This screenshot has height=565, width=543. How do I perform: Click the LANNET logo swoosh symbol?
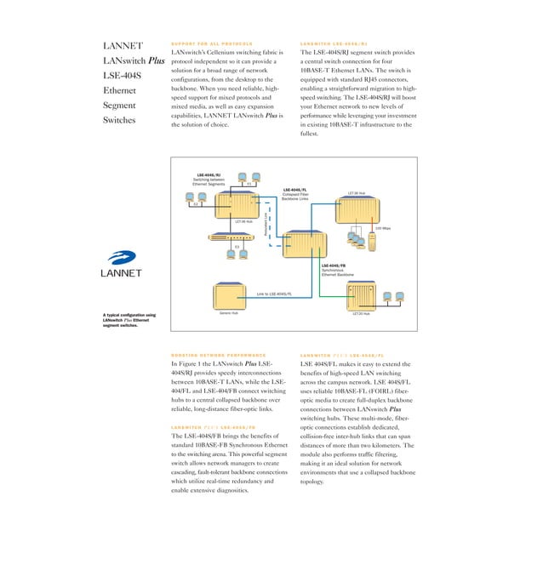122,257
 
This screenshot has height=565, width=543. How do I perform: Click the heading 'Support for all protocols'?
212,43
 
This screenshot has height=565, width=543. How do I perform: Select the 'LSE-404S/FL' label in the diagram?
294,190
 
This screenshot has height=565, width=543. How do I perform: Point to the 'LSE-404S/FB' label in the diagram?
334,265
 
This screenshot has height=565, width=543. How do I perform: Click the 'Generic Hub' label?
229,313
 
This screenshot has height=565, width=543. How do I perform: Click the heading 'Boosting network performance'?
218,355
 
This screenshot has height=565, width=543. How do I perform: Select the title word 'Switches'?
120,121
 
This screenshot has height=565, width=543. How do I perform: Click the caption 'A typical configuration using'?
129,316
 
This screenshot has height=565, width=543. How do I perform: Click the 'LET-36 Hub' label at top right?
357,193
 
